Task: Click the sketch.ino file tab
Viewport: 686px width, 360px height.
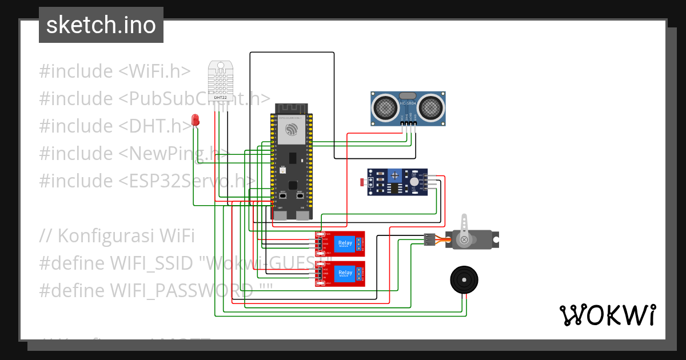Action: pyautogui.click(x=101, y=25)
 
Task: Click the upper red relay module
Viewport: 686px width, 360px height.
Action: pyautogui.click(x=340, y=243)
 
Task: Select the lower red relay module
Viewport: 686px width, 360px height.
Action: pyautogui.click(x=340, y=274)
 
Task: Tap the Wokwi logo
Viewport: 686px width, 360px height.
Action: pyautogui.click(x=607, y=315)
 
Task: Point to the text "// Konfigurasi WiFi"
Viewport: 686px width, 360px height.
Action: pyautogui.click(x=117, y=235)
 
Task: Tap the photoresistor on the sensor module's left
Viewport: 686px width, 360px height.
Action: pyautogui.click(x=362, y=182)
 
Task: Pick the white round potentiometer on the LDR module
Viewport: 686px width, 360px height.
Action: pyautogui.click(x=413, y=181)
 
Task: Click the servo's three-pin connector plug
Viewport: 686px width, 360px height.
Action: pyautogui.click(x=430, y=239)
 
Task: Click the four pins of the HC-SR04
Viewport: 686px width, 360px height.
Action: pyautogui.click(x=408, y=129)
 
